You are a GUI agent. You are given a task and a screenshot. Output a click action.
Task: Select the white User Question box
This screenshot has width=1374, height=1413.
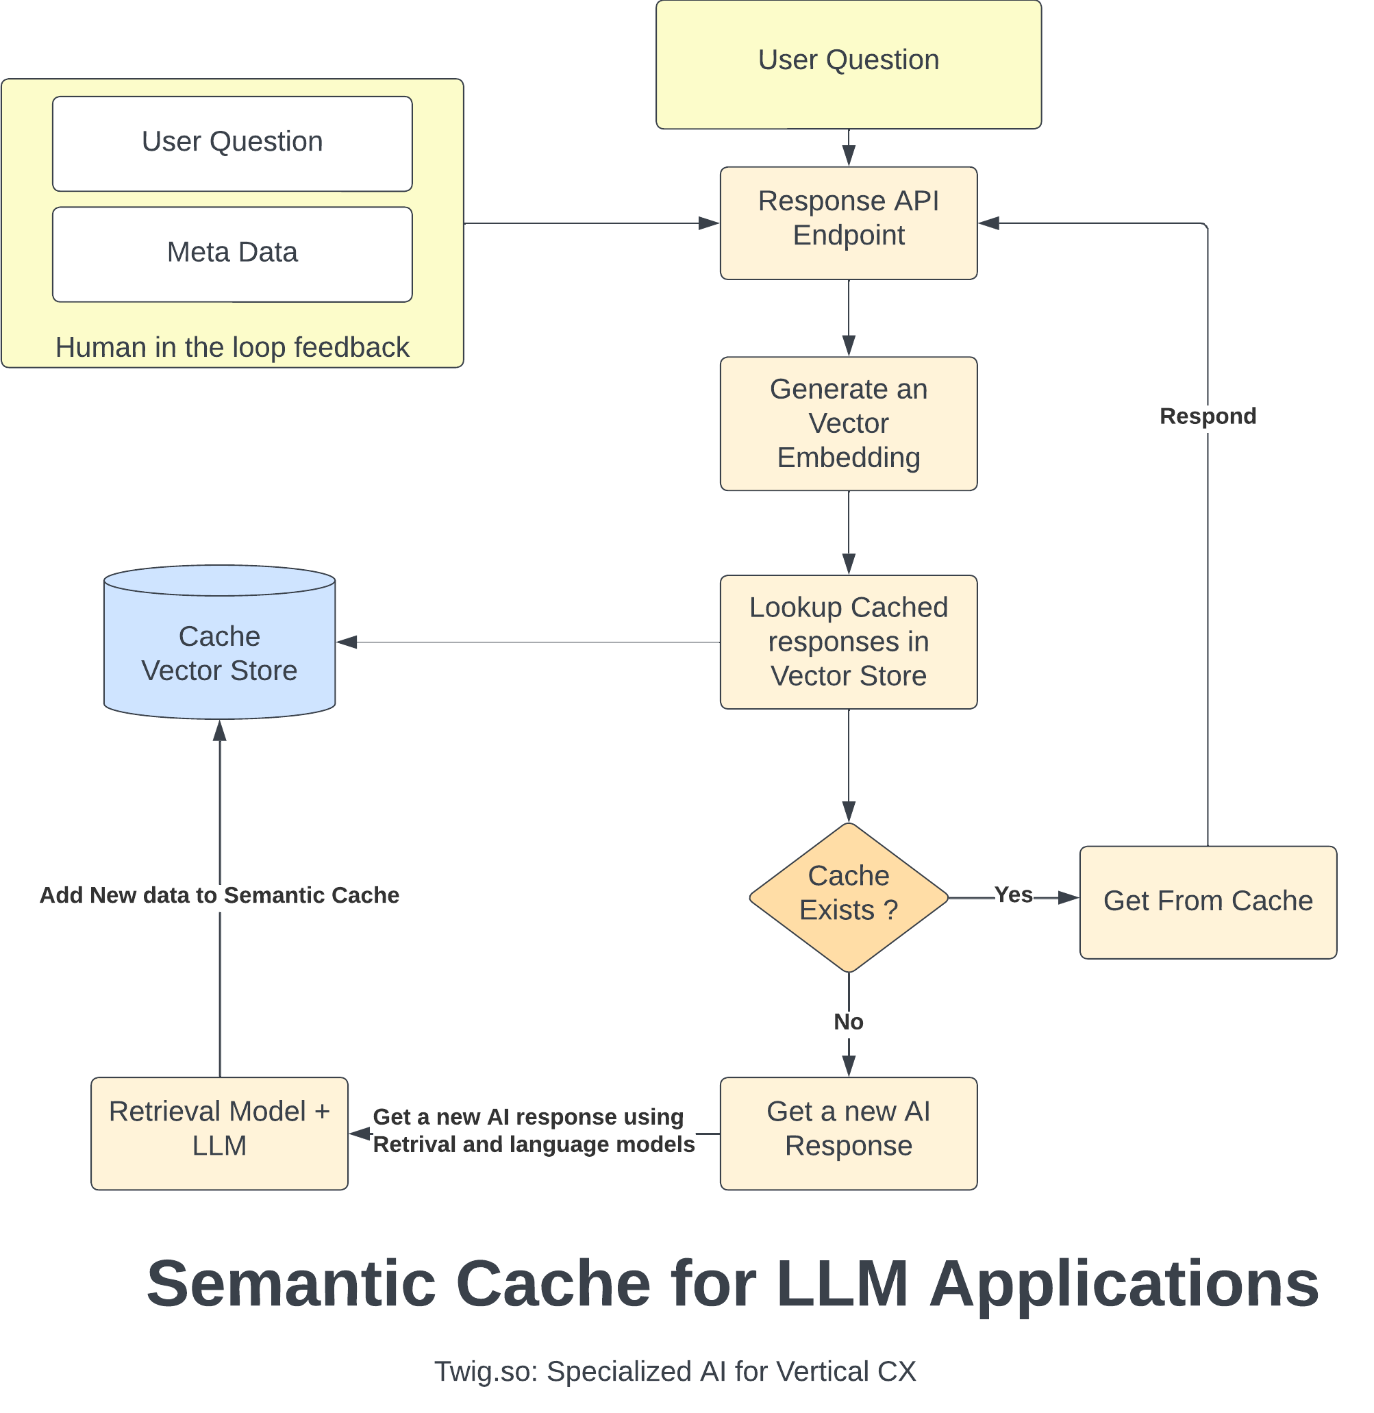tap(232, 143)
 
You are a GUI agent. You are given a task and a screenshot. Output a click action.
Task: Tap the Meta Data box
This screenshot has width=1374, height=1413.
tap(232, 253)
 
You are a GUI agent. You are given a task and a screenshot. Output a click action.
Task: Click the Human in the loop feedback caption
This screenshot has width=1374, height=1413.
tap(232, 347)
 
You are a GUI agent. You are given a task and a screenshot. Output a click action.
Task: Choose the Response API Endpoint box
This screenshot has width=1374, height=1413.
tap(848, 223)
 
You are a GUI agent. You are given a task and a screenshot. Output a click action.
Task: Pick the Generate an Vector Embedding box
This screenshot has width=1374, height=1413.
tap(848, 423)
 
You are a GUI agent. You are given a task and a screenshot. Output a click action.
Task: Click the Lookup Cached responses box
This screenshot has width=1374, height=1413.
tap(848, 642)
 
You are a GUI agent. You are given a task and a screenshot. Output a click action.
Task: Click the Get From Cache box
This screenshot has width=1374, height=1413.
tap(1208, 901)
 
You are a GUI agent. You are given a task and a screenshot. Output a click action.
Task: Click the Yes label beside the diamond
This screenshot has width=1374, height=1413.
tap(1013, 895)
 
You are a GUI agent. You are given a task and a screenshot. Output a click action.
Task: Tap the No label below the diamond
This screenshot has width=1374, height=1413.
tap(848, 1022)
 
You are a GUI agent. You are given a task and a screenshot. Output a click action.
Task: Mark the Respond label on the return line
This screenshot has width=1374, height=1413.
tap(1208, 416)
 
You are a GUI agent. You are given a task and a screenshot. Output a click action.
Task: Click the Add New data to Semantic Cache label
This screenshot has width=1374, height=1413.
tap(219, 895)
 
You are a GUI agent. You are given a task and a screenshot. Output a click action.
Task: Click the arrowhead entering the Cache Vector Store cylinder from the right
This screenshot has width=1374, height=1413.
tap(347, 642)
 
